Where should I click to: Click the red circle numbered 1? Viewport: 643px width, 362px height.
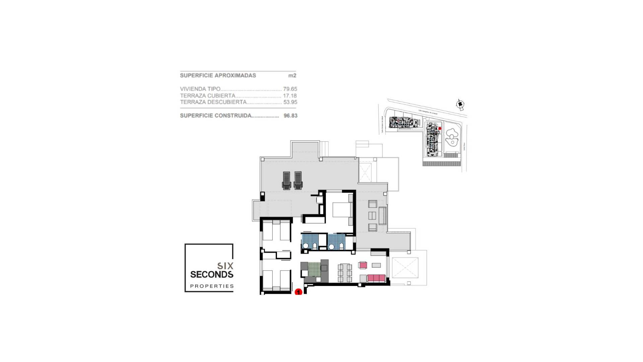pyautogui.click(x=298, y=292)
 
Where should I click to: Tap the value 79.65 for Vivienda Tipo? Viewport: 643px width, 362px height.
pyautogui.click(x=290, y=89)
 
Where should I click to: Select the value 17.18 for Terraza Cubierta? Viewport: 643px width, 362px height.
pyautogui.click(x=290, y=96)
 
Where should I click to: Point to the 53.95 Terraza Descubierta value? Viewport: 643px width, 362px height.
pyautogui.click(x=290, y=102)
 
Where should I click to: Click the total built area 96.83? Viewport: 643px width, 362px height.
pyautogui.click(x=290, y=116)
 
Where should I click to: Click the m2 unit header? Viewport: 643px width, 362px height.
pyautogui.click(x=292, y=75)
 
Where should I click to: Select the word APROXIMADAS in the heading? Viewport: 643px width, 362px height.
pyautogui.click(x=235, y=75)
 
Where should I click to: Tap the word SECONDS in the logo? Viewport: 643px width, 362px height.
pyautogui.click(x=212, y=275)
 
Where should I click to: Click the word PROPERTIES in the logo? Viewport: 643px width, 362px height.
pyautogui.click(x=212, y=286)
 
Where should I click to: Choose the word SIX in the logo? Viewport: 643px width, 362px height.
pyautogui.click(x=225, y=266)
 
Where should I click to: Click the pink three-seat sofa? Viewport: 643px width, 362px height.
pyautogui.click(x=376, y=278)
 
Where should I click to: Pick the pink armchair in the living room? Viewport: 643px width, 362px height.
pyautogui.click(x=363, y=265)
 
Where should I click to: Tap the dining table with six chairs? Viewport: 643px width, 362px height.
pyautogui.click(x=345, y=274)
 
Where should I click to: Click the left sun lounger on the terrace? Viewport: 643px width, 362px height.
pyautogui.click(x=286, y=180)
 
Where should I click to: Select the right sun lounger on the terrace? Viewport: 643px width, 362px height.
pyautogui.click(x=298, y=180)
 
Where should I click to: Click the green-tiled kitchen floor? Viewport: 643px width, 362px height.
pyautogui.click(x=314, y=269)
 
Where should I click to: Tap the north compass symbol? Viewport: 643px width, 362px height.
pyautogui.click(x=460, y=104)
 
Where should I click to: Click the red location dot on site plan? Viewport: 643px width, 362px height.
pyautogui.click(x=440, y=128)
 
